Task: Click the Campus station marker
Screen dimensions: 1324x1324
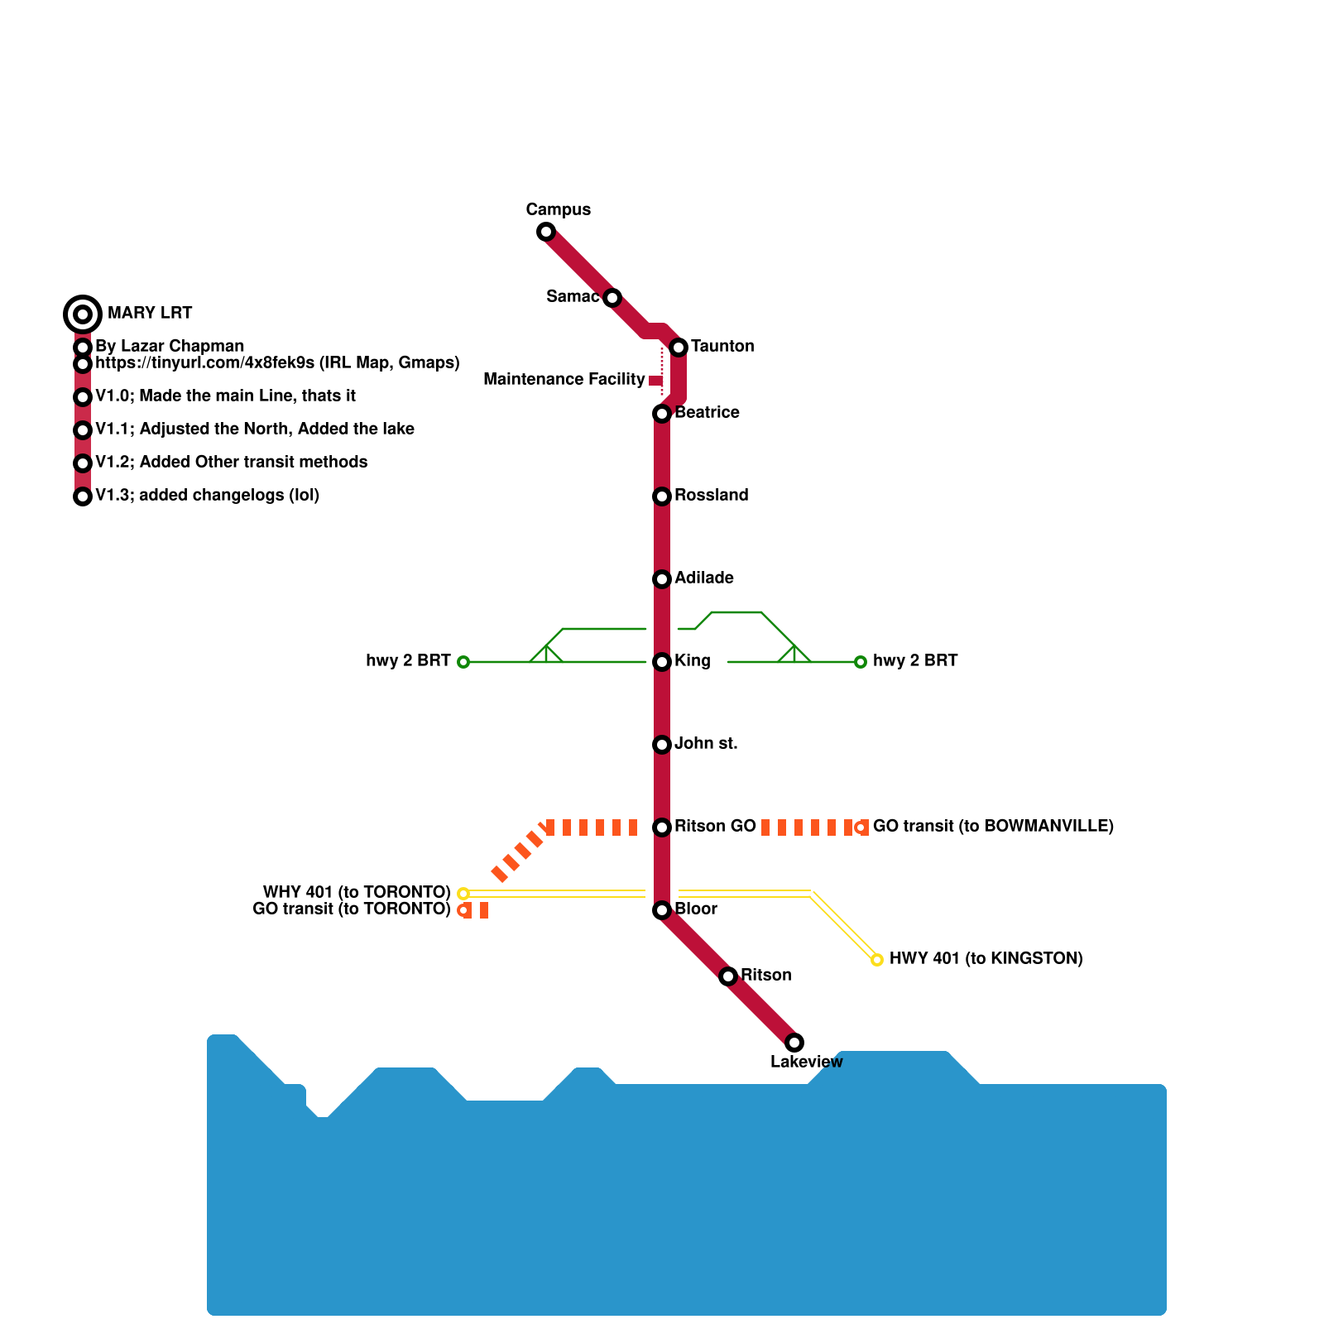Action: [x=546, y=232]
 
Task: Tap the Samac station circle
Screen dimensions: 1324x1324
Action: [x=612, y=298]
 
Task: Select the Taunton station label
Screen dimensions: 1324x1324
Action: [x=722, y=346]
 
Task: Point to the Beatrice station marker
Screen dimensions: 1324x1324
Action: [x=662, y=414]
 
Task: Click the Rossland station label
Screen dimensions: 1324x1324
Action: [x=711, y=495]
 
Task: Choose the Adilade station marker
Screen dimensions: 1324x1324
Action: [x=662, y=579]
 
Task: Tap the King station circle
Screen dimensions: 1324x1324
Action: [x=662, y=662]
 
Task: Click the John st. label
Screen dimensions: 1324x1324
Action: [x=705, y=743]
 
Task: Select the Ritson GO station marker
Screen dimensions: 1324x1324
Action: [x=662, y=827]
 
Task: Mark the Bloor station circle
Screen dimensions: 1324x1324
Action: [x=662, y=910]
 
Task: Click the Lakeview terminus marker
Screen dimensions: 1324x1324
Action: [x=794, y=1043]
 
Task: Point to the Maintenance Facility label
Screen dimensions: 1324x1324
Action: [x=564, y=379]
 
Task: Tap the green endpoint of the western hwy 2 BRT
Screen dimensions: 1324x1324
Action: [x=463, y=662]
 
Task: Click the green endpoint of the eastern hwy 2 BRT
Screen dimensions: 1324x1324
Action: [x=861, y=662]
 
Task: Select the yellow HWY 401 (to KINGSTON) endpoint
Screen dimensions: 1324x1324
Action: [x=877, y=960]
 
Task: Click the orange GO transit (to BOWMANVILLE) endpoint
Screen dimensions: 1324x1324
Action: [x=861, y=827]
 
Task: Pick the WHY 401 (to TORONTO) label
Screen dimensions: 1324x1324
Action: [x=356, y=892]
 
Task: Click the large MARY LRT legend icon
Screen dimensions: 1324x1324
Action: [x=83, y=314]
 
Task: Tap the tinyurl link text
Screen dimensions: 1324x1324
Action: [x=277, y=362]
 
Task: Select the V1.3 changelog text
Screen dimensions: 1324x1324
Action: [x=207, y=495]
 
